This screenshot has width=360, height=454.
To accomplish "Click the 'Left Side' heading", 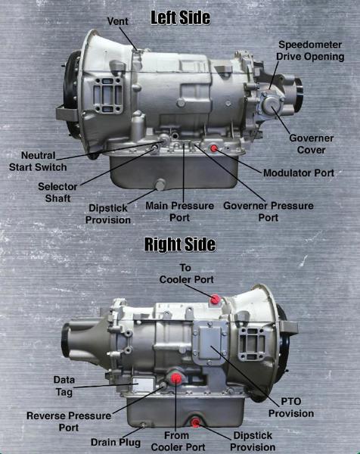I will (x=180, y=16).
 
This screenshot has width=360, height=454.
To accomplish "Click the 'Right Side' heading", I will (x=180, y=244).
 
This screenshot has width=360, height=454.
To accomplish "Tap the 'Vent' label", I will (x=117, y=20).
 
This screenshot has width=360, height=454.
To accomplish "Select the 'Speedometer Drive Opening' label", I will (x=310, y=50).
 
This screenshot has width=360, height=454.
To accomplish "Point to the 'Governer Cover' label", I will (x=312, y=144).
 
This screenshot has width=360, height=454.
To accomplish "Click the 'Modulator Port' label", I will (x=298, y=173).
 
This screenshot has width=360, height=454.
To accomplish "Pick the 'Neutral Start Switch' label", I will (x=38, y=161).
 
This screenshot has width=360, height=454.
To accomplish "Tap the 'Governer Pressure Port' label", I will (x=258, y=210).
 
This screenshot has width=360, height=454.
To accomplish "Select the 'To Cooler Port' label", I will (x=186, y=274).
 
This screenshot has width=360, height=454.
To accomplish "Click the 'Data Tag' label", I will (x=64, y=385).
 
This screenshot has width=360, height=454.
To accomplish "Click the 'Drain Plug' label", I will (x=116, y=442).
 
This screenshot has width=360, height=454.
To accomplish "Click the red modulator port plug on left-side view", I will (x=214, y=148).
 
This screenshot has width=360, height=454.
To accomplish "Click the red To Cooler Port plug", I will (x=216, y=300).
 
